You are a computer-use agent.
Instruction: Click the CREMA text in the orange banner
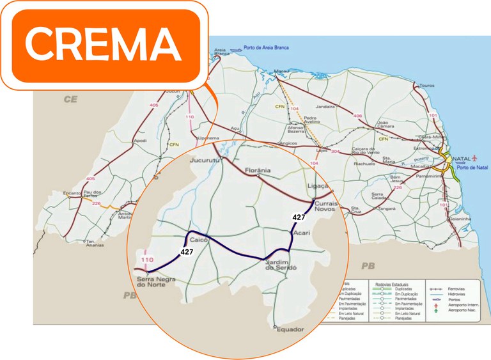pos(102,45)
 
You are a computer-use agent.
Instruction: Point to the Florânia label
pos(256,171)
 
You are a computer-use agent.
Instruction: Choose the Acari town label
pos(300,233)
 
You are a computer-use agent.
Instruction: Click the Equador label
pos(290,329)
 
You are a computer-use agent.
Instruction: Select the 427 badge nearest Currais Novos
pos(299,217)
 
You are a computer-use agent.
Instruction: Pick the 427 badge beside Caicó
pos(186,252)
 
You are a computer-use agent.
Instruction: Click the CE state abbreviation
pos(70,100)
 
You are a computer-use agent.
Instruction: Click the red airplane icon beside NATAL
pos(475,157)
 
